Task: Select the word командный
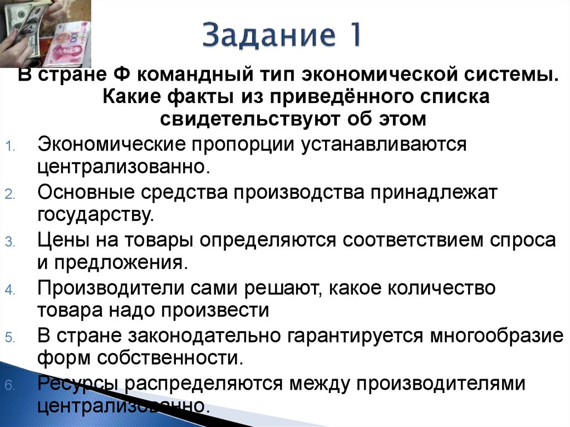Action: click(190, 75)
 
